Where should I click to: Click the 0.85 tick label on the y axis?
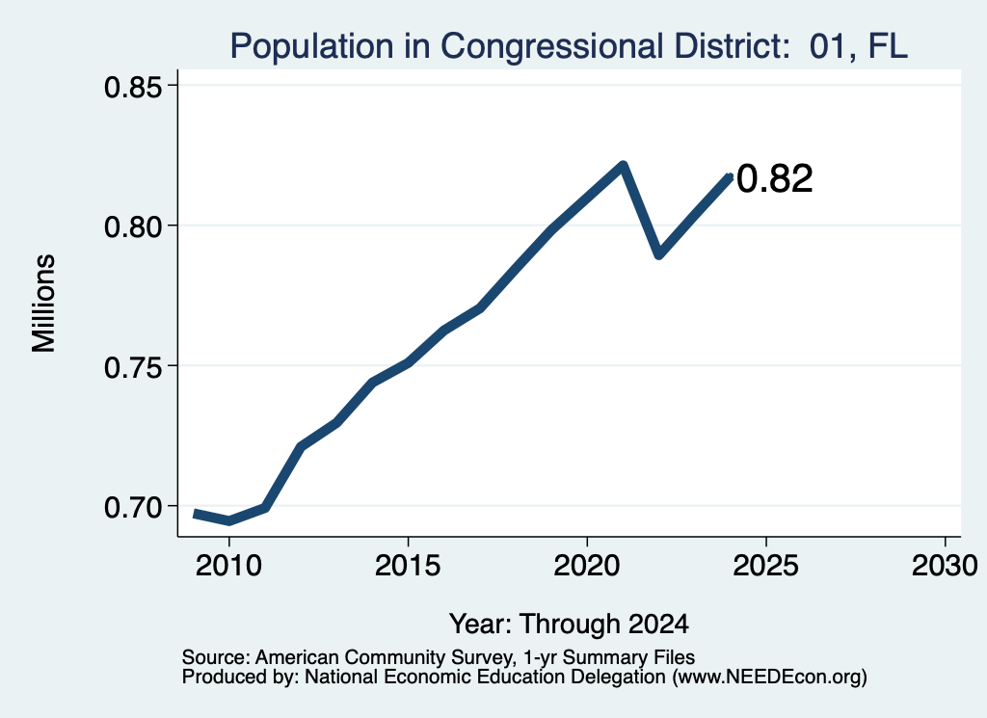click(x=133, y=86)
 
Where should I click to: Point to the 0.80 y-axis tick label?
click(x=133, y=226)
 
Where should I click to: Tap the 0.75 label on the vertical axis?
click(x=133, y=366)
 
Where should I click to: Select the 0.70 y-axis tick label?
click(x=133, y=507)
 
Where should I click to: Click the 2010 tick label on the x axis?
click(x=228, y=565)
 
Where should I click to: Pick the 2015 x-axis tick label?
click(x=408, y=565)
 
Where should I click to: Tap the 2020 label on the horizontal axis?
click(x=587, y=565)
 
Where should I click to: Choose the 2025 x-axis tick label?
click(x=766, y=565)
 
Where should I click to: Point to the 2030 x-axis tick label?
click(x=945, y=565)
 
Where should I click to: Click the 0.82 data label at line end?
click(x=775, y=178)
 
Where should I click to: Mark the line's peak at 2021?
click(x=624, y=165)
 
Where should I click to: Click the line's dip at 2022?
click(x=659, y=254)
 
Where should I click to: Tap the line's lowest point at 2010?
click(x=229, y=521)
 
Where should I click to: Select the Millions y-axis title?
click(x=44, y=303)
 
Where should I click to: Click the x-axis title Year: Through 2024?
click(x=569, y=624)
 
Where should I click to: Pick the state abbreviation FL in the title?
click(x=888, y=46)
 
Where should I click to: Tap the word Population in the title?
click(x=312, y=46)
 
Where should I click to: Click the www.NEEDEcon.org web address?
click(x=769, y=678)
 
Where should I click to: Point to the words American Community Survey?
click(x=384, y=657)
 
